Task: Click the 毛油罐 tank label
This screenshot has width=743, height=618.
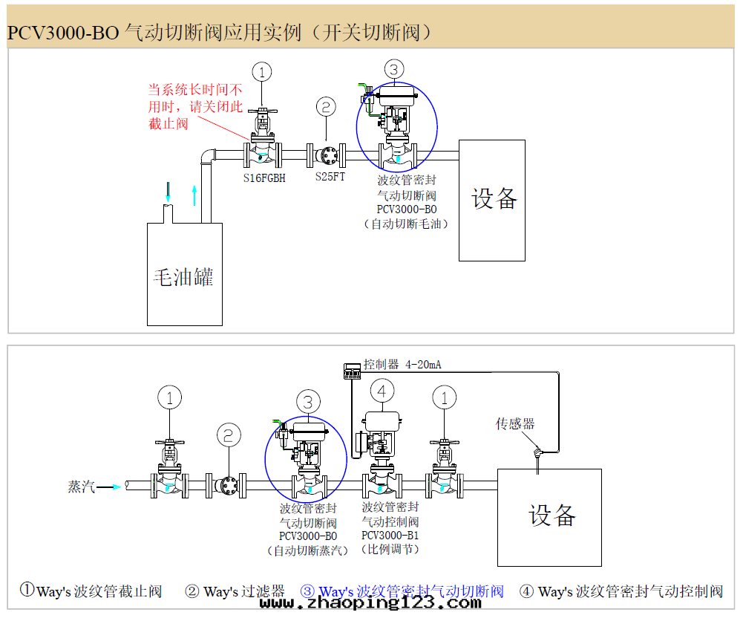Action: [x=183, y=278]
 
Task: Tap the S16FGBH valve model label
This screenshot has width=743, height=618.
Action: [x=264, y=178]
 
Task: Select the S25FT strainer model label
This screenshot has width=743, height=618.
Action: [x=330, y=177]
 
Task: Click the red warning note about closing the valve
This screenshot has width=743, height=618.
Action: [x=194, y=106]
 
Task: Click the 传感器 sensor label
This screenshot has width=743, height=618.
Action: [x=515, y=423]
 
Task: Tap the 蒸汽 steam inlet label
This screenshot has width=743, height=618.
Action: [x=82, y=487]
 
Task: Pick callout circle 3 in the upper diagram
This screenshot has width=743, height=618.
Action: [x=393, y=70]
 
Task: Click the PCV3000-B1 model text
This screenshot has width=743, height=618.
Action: [x=390, y=536]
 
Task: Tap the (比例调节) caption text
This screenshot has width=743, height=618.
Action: [x=390, y=550]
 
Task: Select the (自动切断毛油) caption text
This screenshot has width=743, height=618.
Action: [x=406, y=223]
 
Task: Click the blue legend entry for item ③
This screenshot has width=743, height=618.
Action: [x=402, y=592]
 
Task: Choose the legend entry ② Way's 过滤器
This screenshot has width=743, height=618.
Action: [x=235, y=592]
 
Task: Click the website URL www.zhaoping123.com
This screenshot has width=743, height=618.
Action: [x=370, y=604]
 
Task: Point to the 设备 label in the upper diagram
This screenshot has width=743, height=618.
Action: [x=494, y=198]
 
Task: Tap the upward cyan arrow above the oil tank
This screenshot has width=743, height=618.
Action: [x=194, y=195]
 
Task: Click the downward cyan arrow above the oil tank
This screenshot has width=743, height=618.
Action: [x=168, y=192]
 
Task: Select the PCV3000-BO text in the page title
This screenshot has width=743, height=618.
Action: [x=63, y=33]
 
